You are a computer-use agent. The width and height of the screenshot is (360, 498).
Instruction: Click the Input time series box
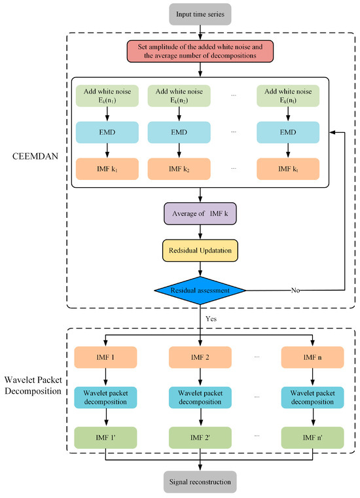pos(199,14)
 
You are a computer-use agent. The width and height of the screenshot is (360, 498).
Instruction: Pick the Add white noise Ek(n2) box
pos(179,96)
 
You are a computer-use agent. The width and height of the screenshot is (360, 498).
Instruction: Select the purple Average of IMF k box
pos(199,214)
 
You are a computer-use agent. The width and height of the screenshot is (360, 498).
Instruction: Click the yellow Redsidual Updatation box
pos(199,250)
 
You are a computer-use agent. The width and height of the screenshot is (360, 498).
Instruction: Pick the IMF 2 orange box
pos(199,358)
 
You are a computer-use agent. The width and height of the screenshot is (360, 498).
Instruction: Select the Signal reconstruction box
pos(199,482)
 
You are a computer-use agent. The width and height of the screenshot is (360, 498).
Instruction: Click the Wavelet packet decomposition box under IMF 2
pos(199,395)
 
